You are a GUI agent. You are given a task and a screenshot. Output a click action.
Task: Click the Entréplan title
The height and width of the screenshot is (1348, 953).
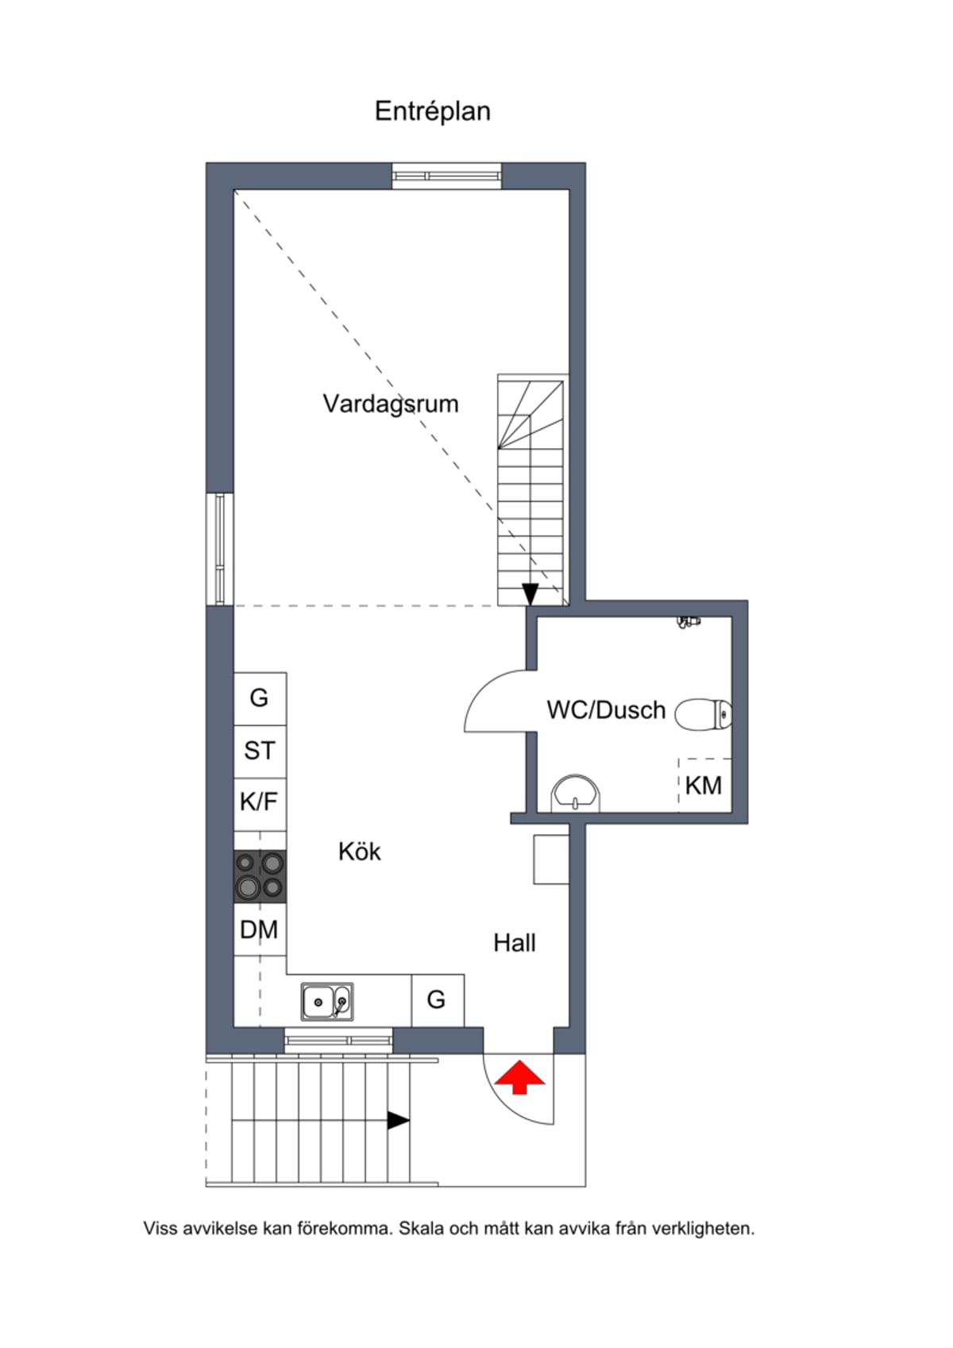coord(433,112)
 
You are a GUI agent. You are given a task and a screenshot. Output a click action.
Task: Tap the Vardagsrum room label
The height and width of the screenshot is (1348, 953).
coord(391,404)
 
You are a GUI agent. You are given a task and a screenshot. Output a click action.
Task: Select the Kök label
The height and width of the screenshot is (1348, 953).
coord(360,852)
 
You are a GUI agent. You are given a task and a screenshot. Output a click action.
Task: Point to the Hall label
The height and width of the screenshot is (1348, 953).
coord(515,943)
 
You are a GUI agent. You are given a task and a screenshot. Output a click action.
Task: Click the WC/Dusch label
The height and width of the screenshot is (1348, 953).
coord(606,710)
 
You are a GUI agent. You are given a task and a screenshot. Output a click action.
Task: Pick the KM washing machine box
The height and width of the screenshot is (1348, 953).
coord(704,785)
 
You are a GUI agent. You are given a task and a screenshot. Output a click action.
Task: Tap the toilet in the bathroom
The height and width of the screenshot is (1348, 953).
coord(703,714)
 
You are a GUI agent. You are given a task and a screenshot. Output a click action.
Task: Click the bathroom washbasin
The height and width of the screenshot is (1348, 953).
coord(576,794)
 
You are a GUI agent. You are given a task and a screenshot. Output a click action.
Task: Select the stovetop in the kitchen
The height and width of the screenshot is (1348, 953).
coord(260,875)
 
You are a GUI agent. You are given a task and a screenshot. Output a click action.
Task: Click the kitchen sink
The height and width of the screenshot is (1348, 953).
coord(327,1002)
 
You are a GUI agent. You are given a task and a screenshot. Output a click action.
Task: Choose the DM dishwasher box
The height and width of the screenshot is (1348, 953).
coord(260,929)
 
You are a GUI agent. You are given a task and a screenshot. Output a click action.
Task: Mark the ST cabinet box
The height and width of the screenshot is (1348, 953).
coord(260,751)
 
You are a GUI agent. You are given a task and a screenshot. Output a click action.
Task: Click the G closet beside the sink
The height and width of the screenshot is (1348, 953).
coord(438,1000)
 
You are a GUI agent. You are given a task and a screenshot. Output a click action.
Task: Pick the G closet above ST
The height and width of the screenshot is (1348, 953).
coord(260,699)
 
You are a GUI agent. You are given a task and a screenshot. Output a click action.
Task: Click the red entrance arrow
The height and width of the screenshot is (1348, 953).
coord(520,1078)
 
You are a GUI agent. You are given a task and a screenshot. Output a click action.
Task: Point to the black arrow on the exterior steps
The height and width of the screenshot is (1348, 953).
coord(399,1121)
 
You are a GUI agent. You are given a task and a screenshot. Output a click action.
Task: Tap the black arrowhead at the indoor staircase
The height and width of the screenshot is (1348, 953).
coord(530,594)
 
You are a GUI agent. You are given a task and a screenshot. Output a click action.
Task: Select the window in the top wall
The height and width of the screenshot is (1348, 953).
coord(446,176)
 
